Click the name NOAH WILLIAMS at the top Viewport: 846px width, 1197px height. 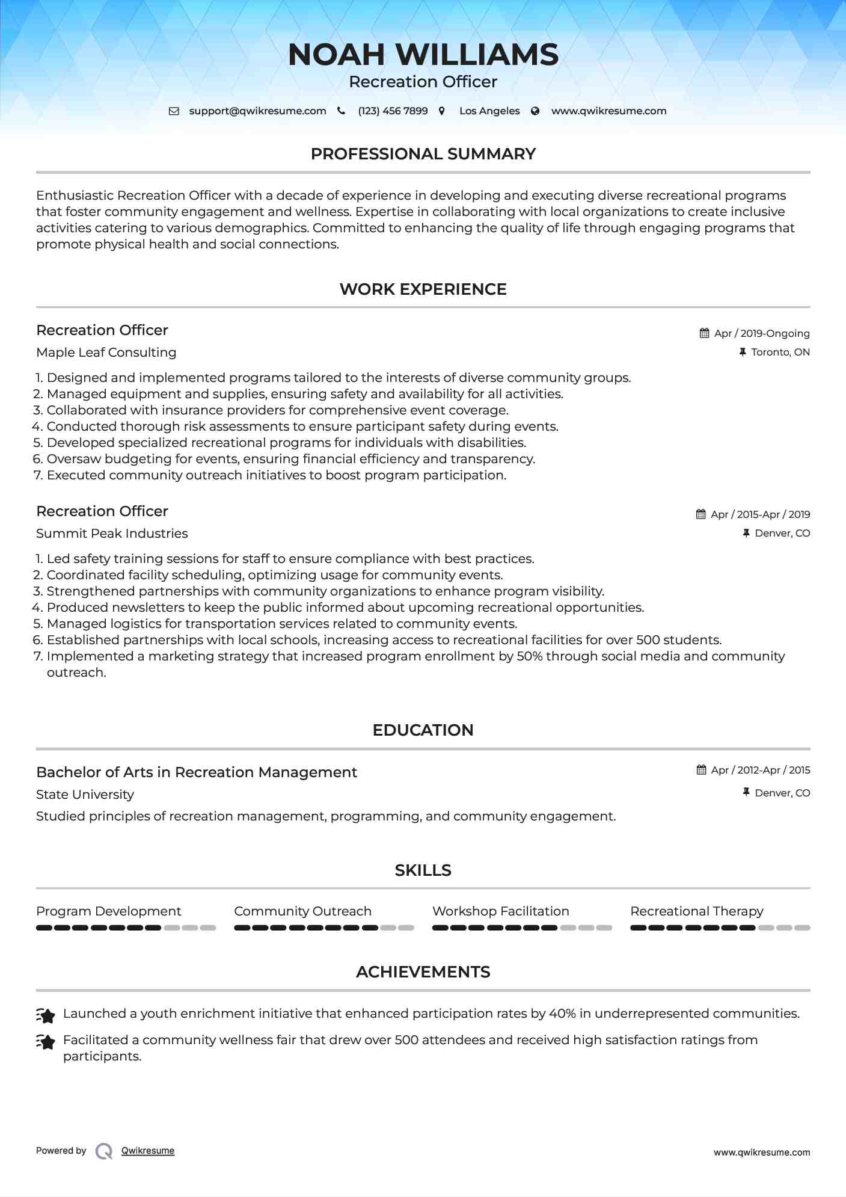[x=423, y=55]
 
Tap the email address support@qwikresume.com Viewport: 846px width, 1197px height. [x=257, y=111]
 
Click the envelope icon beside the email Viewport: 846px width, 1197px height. [x=174, y=111]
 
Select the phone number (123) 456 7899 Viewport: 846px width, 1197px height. [x=393, y=111]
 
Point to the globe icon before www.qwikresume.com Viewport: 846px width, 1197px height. [x=535, y=111]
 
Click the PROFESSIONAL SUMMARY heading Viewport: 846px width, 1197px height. [x=423, y=154]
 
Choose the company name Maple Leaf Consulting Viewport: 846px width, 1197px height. [x=106, y=352]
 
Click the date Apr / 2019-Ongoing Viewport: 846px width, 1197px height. [x=761, y=333]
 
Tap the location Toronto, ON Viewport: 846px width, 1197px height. [x=780, y=352]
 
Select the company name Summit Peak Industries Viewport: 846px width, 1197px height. [x=112, y=534]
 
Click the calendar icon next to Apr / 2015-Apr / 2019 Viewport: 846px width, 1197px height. [x=700, y=514]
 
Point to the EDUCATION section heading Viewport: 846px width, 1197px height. [x=423, y=730]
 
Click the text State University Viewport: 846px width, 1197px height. [x=85, y=795]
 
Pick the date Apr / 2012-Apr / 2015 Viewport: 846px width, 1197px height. [x=760, y=770]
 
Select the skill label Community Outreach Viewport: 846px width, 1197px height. [x=302, y=911]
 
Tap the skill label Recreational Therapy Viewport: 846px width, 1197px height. [x=696, y=911]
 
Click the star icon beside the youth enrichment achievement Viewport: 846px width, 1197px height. [x=46, y=1015]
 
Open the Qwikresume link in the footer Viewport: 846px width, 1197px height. [x=148, y=1151]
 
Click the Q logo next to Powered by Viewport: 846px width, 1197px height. [x=104, y=1151]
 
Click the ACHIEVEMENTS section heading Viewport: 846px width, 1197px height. [x=423, y=972]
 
